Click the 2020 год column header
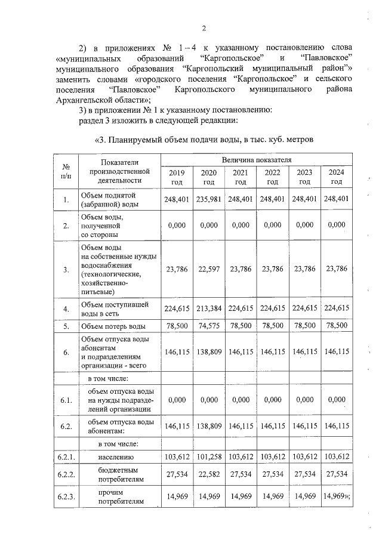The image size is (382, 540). click(x=208, y=177)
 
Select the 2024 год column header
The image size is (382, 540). click(x=337, y=177)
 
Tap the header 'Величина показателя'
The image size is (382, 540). click(x=256, y=161)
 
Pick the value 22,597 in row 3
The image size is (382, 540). click(x=208, y=269)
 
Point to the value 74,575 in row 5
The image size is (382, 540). click(x=208, y=326)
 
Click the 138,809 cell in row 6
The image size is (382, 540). click(x=208, y=353)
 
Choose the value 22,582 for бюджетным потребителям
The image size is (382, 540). click(x=208, y=475)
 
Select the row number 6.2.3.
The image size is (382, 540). click(x=67, y=498)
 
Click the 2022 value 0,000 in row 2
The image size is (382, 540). click(x=272, y=225)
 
